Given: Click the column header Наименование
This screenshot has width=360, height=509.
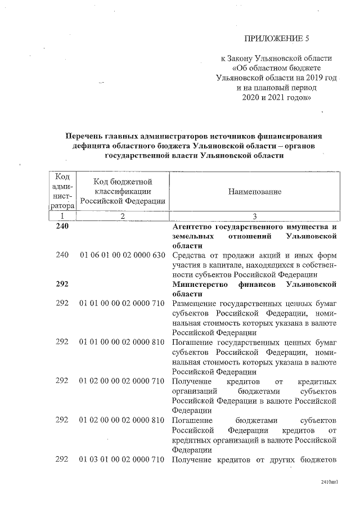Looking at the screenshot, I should (x=254, y=192).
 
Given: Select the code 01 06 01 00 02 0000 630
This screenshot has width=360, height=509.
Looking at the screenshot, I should (x=122, y=255).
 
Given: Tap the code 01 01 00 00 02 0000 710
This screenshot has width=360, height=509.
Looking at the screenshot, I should (x=122, y=303).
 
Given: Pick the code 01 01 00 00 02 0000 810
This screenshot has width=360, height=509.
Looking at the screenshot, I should (x=122, y=343).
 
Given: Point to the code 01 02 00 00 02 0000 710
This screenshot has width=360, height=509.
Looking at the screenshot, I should (x=122, y=381).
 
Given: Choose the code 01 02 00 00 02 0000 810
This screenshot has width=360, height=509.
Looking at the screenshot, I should (x=122, y=420).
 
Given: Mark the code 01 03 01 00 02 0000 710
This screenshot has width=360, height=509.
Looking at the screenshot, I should (x=122, y=460).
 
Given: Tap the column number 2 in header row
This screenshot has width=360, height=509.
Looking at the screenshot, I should (x=122, y=215).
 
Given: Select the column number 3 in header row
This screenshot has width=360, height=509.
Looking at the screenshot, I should (x=254, y=215).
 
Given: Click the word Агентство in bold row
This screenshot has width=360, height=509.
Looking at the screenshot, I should (x=195, y=227).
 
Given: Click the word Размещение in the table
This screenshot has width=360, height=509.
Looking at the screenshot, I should (x=195, y=303).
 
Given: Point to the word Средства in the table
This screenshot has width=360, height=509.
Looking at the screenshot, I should (x=190, y=255).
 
